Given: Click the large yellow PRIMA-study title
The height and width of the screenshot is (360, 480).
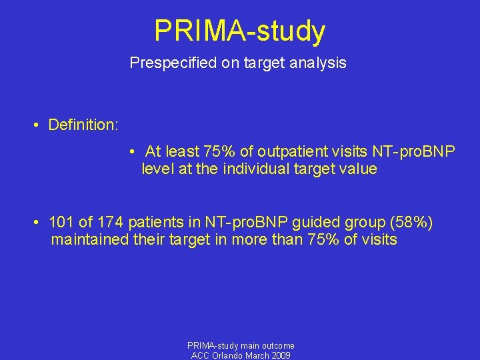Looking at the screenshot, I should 240,31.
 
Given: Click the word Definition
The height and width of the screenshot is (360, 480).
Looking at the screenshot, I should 83,125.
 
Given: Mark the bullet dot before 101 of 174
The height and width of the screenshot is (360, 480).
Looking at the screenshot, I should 40,222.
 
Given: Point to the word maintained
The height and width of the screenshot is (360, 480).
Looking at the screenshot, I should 89,239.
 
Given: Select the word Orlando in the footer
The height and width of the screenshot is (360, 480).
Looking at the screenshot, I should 230,355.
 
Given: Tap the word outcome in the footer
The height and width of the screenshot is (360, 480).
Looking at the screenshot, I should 277,345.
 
